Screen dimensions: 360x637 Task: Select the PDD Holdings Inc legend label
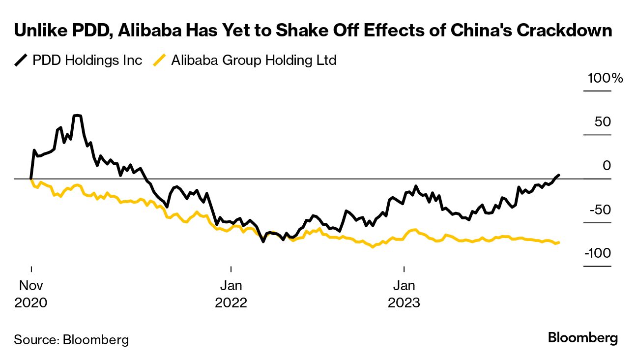87,60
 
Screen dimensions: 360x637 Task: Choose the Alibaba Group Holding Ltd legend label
253,60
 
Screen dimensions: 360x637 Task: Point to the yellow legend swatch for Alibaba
160,60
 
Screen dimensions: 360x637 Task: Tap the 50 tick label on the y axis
603,121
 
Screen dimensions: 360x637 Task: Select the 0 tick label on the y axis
607,166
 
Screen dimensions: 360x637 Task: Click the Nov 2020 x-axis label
31,294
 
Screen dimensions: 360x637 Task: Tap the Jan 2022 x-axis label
231,294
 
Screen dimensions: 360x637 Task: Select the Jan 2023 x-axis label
404,294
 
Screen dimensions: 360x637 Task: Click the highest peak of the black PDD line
77,116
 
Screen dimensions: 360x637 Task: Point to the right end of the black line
558,175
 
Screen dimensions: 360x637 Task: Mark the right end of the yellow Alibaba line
559,242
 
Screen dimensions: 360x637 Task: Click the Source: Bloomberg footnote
71,339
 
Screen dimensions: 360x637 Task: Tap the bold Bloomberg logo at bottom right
583,338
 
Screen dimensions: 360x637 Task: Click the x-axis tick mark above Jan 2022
231,269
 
